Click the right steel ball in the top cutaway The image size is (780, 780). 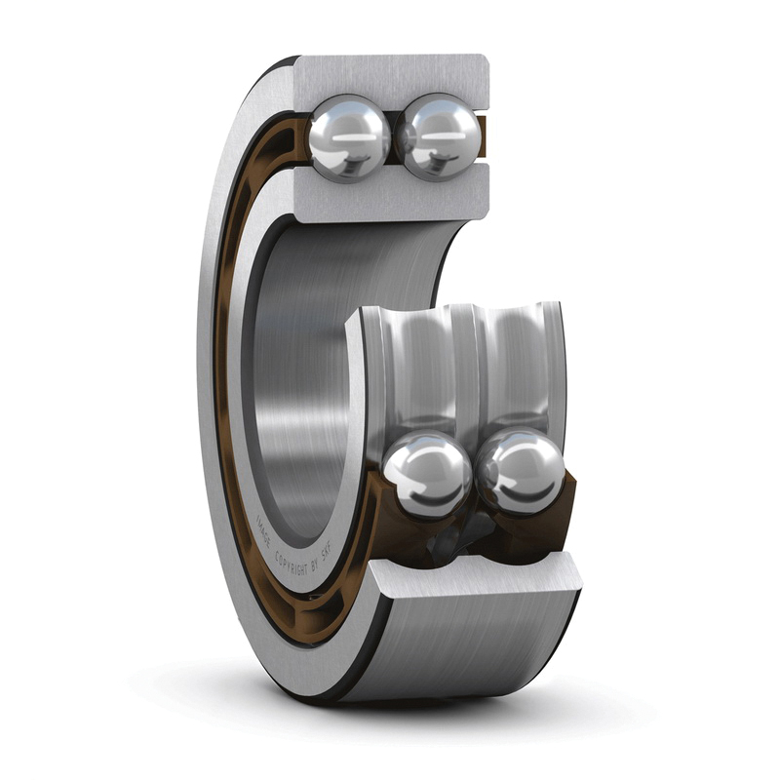click(442, 137)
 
